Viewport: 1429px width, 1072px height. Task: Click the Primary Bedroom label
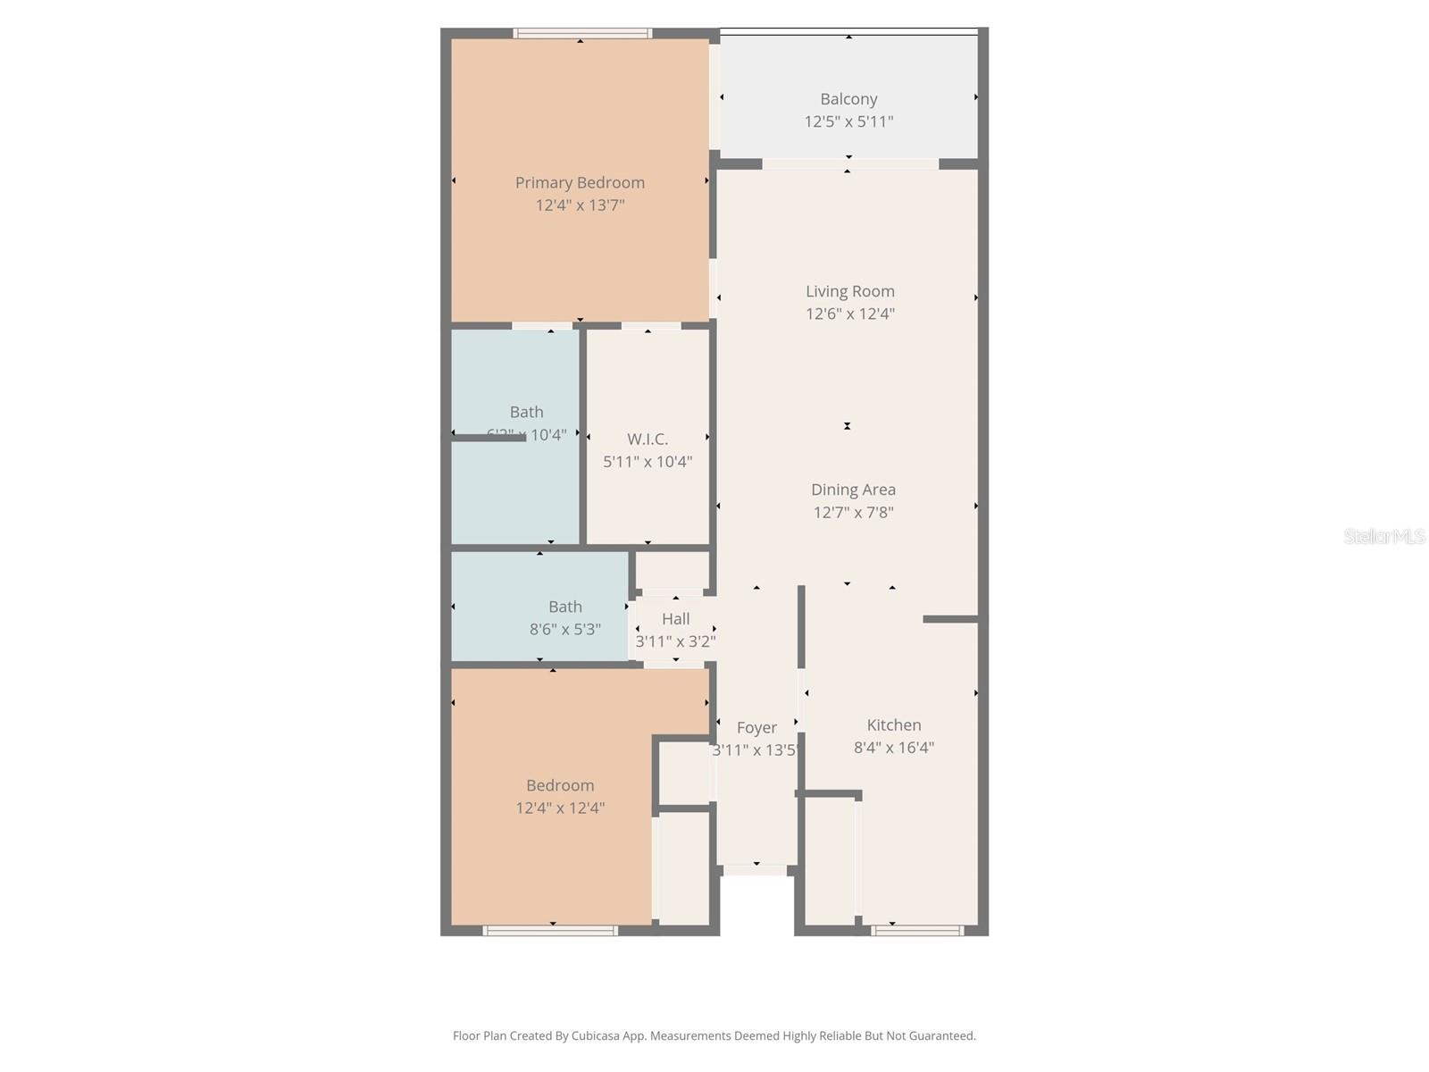pyautogui.click(x=580, y=182)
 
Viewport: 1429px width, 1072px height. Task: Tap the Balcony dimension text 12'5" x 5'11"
pyautogui.click(x=848, y=121)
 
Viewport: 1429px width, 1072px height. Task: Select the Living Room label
pyautogui.click(x=849, y=291)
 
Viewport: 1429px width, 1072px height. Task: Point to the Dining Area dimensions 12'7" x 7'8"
pyautogui.click(x=853, y=513)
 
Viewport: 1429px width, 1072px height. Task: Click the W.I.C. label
pyautogui.click(x=647, y=439)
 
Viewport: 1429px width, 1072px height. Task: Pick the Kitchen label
pyautogui.click(x=893, y=725)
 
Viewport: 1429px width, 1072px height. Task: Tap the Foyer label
pyautogui.click(x=756, y=728)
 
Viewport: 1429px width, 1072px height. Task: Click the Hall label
pyautogui.click(x=675, y=619)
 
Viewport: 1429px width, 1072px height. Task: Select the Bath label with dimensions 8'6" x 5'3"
pyautogui.click(x=564, y=607)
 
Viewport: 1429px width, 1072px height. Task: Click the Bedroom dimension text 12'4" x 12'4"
pyautogui.click(x=560, y=808)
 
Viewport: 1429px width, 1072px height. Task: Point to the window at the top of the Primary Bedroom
pyautogui.click(x=582, y=34)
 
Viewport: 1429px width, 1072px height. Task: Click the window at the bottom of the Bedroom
pyautogui.click(x=550, y=931)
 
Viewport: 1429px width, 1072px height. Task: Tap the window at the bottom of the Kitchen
pyautogui.click(x=917, y=931)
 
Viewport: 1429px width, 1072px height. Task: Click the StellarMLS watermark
pyautogui.click(x=1383, y=536)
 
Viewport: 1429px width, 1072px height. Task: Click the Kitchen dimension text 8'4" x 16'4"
pyautogui.click(x=893, y=748)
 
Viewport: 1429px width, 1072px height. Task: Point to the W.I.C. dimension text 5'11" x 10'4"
pyautogui.click(x=647, y=462)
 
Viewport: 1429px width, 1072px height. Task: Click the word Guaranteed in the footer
pyautogui.click(x=941, y=1036)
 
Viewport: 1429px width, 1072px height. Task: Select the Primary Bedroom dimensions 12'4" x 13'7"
pyautogui.click(x=580, y=205)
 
